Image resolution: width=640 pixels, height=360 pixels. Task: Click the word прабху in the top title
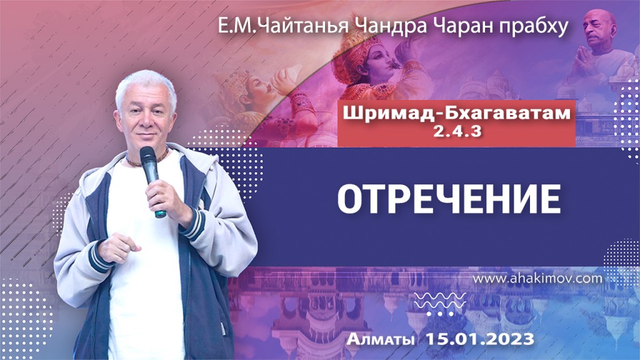(537, 28)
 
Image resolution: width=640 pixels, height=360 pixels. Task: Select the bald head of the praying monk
(601, 22)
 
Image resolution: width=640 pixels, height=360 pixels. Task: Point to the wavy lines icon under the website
(443, 299)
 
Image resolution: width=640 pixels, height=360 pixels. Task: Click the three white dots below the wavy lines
(443, 312)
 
